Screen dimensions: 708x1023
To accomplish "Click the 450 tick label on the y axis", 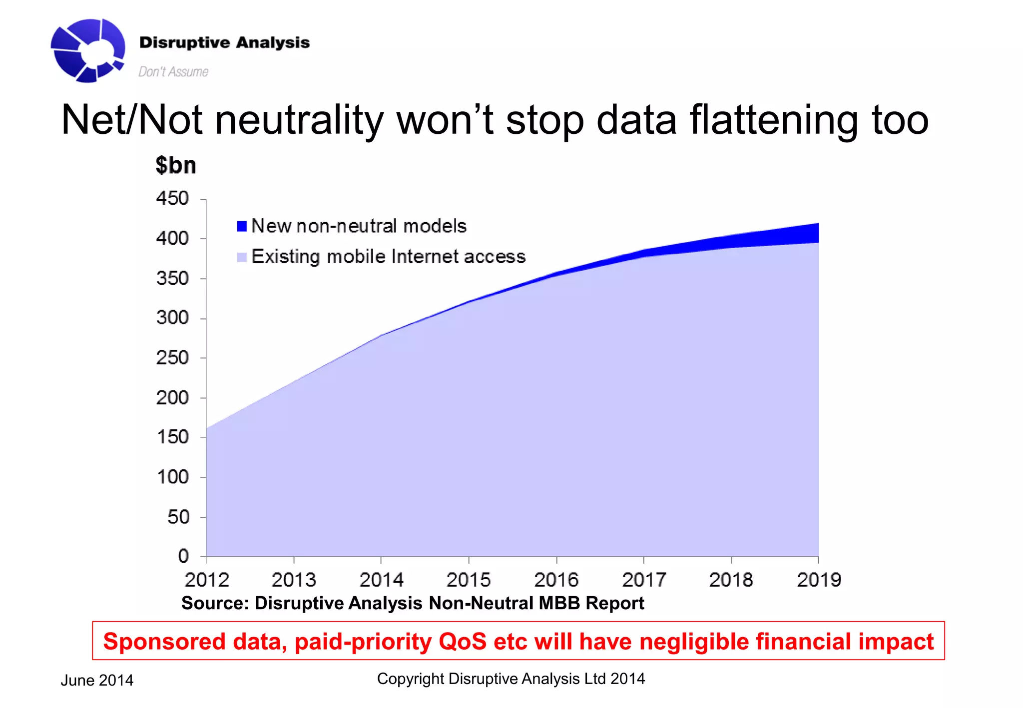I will click(172, 199).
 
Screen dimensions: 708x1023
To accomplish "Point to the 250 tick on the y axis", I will click(172, 358).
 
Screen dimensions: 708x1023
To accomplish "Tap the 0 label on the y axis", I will click(183, 556).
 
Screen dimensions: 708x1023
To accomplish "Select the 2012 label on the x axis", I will click(207, 580).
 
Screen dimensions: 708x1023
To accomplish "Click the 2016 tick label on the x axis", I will click(556, 580).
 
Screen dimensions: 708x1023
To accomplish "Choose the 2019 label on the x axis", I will click(819, 580).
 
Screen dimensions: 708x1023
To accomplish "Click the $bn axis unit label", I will click(176, 166).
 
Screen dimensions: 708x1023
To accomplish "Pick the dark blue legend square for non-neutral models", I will click(242, 226).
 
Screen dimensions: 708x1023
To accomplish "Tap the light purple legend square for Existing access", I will click(242, 257).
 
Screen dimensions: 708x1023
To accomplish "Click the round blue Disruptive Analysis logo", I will click(88, 50).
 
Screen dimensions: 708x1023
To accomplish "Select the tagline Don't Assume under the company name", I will click(173, 72).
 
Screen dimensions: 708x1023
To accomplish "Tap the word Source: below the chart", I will click(215, 603).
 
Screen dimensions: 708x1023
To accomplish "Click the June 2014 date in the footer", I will click(97, 681).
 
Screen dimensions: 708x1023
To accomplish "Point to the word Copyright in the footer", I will click(410, 679).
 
